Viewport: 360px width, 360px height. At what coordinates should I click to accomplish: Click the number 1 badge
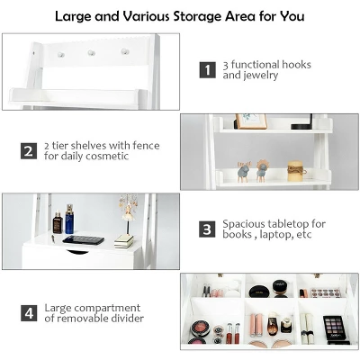click(x=207, y=69)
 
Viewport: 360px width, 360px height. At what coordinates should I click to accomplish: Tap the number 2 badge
click(x=28, y=148)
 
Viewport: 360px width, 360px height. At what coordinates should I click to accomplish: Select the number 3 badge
click(x=207, y=229)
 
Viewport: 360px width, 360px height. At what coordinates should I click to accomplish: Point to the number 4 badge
click(x=28, y=313)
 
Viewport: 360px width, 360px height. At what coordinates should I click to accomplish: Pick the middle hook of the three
click(x=91, y=53)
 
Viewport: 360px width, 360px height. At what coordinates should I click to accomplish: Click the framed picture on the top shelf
click(x=251, y=121)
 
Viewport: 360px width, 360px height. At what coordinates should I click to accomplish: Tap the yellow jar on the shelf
click(x=295, y=171)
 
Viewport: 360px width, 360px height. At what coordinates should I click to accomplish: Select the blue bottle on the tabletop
click(x=69, y=220)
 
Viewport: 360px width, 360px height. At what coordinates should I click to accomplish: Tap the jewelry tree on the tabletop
click(x=125, y=216)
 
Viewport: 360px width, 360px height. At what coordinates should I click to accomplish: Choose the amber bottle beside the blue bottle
click(x=58, y=222)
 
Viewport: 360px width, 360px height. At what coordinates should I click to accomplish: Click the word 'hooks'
click(x=296, y=64)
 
